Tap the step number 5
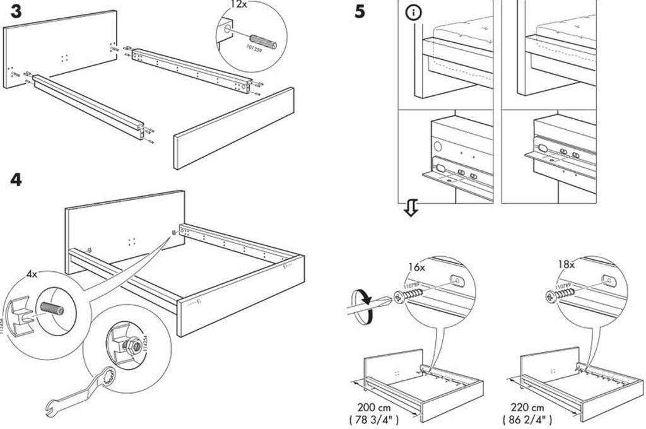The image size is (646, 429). [360, 11]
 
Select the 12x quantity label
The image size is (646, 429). [238, 4]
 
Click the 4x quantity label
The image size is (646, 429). [32, 274]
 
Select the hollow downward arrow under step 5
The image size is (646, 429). [411, 209]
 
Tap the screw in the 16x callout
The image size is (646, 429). [409, 293]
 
